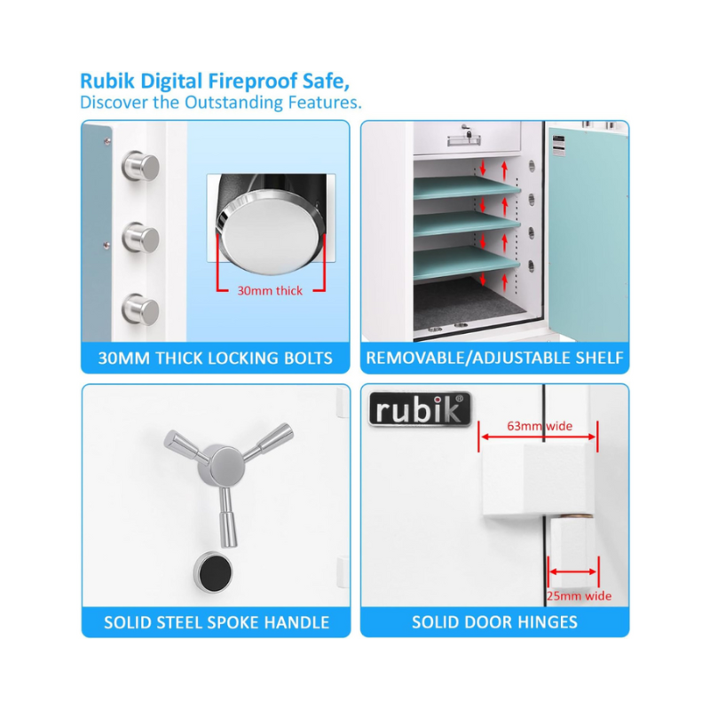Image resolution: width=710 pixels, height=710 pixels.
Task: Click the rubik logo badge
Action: pos(420,409)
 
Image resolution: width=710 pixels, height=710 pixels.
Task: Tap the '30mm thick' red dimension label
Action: pos(270,291)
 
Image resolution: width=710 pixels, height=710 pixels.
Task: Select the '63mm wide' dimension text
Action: pos(540,426)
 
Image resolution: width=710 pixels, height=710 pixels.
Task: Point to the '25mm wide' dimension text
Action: pos(580,596)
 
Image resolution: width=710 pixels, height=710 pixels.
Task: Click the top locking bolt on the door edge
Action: pos(141,166)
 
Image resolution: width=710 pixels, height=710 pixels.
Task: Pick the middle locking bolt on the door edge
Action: pos(141,237)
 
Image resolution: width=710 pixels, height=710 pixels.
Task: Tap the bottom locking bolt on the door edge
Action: pos(141,309)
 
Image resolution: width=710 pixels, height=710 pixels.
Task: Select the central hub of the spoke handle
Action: pos(221,467)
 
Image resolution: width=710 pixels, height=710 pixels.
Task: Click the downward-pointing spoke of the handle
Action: pos(228,517)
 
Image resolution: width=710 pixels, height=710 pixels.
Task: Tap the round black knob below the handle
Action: pos(213,572)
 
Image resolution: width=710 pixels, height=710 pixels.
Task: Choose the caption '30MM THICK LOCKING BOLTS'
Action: pos(216,359)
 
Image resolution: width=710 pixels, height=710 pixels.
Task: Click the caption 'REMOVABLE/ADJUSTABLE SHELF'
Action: pos(495,358)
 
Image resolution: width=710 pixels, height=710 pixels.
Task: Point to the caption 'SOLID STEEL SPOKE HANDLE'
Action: pos(217,623)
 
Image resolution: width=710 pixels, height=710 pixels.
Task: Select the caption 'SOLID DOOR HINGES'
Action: pos(495,622)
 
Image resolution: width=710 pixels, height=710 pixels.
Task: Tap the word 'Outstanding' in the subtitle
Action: pos(233,102)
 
